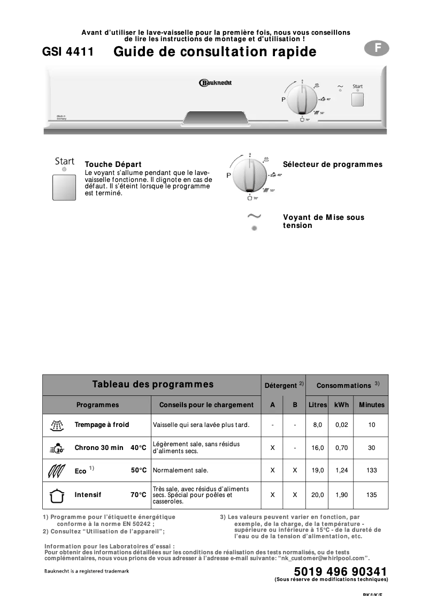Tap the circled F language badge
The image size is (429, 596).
point(377,48)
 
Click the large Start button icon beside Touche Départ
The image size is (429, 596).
point(65,186)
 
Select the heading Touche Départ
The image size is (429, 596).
point(113,165)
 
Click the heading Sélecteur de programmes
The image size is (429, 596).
point(332,165)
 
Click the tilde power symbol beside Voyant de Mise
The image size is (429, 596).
point(254,216)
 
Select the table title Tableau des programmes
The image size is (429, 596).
point(152,384)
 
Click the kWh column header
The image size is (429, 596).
point(341,405)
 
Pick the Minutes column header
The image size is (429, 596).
point(371,405)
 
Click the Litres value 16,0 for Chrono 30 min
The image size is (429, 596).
point(317,448)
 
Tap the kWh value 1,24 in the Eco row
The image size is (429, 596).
point(341,470)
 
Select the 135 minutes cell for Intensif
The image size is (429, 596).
point(371,495)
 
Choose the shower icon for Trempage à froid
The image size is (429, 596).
point(56,425)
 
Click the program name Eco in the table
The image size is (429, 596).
point(80,471)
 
